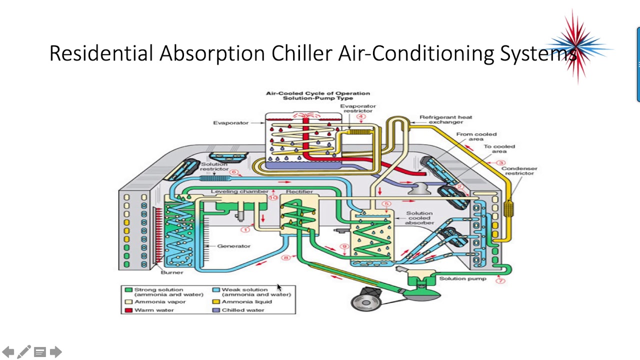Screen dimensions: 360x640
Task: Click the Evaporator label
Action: [x=230, y=123]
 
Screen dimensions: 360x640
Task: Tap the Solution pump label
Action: [x=462, y=278]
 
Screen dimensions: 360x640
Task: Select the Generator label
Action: [x=233, y=246]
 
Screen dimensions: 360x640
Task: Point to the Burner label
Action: [x=172, y=272]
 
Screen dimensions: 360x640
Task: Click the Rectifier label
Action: [x=299, y=192]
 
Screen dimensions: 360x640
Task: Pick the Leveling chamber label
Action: [x=239, y=192]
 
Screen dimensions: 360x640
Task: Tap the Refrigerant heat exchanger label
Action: [x=445, y=119]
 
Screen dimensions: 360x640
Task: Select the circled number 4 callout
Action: [x=361, y=117]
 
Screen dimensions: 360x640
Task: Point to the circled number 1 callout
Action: [x=245, y=229]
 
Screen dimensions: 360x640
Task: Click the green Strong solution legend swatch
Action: [x=128, y=290]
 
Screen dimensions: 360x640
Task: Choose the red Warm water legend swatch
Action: [x=128, y=310]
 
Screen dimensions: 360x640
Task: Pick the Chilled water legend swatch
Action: [x=216, y=310]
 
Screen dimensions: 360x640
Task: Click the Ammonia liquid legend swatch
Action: [x=216, y=302]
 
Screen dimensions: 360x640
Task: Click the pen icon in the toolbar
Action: [x=23, y=352]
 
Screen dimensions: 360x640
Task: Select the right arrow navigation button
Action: [x=56, y=352]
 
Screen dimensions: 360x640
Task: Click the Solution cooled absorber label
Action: [x=419, y=218]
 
